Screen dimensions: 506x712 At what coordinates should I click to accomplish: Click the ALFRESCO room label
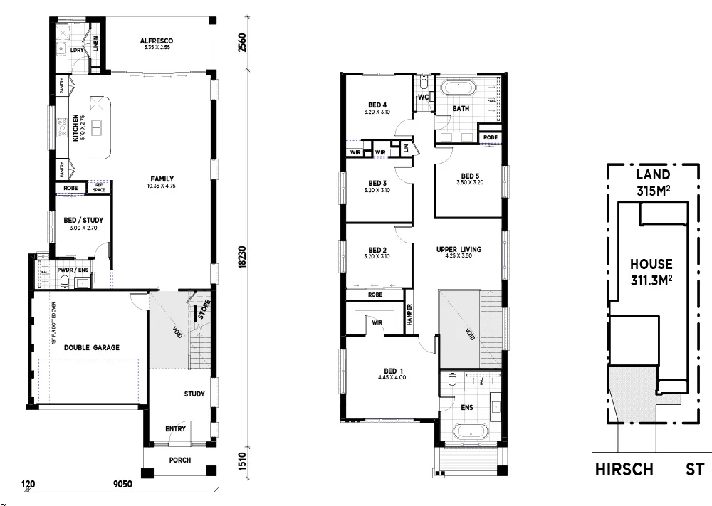(x=157, y=41)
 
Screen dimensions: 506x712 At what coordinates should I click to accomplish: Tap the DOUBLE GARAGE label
(x=92, y=347)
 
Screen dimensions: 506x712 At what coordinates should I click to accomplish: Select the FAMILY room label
(x=162, y=179)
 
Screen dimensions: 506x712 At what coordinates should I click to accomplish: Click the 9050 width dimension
(x=122, y=485)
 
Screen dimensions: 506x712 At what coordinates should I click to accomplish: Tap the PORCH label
(x=179, y=460)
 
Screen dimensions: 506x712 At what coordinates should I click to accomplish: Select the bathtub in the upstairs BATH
(x=459, y=89)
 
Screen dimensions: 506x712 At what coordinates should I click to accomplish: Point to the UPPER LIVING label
(x=459, y=249)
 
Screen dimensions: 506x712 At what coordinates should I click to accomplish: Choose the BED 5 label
(x=470, y=176)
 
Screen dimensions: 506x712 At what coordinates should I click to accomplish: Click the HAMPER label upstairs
(x=410, y=313)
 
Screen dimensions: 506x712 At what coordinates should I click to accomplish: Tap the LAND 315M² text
(x=652, y=182)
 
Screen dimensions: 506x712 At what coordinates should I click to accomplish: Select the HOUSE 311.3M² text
(x=651, y=271)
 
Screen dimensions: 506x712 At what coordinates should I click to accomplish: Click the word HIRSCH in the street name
(x=624, y=470)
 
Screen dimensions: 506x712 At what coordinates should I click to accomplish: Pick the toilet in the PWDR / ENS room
(x=65, y=283)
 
